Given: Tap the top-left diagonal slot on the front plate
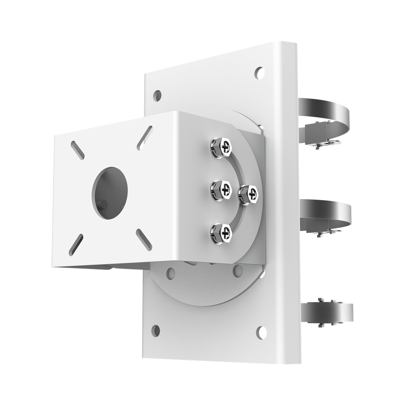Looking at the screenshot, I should tap(77, 151).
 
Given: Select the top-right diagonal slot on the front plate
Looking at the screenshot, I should tap(145, 138).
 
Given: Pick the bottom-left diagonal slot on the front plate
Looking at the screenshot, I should tap(76, 244).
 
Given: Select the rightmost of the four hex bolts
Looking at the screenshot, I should tap(248, 194).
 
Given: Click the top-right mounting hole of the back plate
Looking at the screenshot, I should tap(259, 72).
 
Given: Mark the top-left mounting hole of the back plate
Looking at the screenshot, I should tap(157, 95).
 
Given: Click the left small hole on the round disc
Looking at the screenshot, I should tap(171, 272).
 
